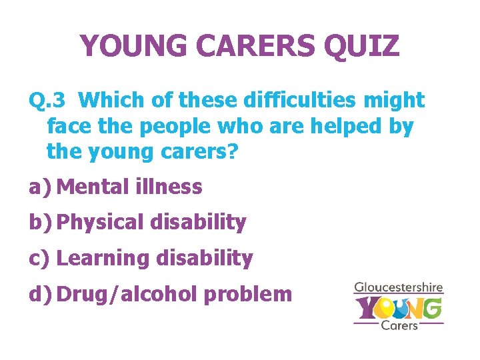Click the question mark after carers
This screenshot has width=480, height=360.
coord(232,151)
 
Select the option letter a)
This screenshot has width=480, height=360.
coord(40,187)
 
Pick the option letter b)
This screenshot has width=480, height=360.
coord(40,223)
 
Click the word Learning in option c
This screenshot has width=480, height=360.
coord(101,258)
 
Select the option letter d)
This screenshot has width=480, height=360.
coord(40,294)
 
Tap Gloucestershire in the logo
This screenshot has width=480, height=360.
coord(399,288)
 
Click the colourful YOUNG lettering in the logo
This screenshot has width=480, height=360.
coord(398,307)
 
